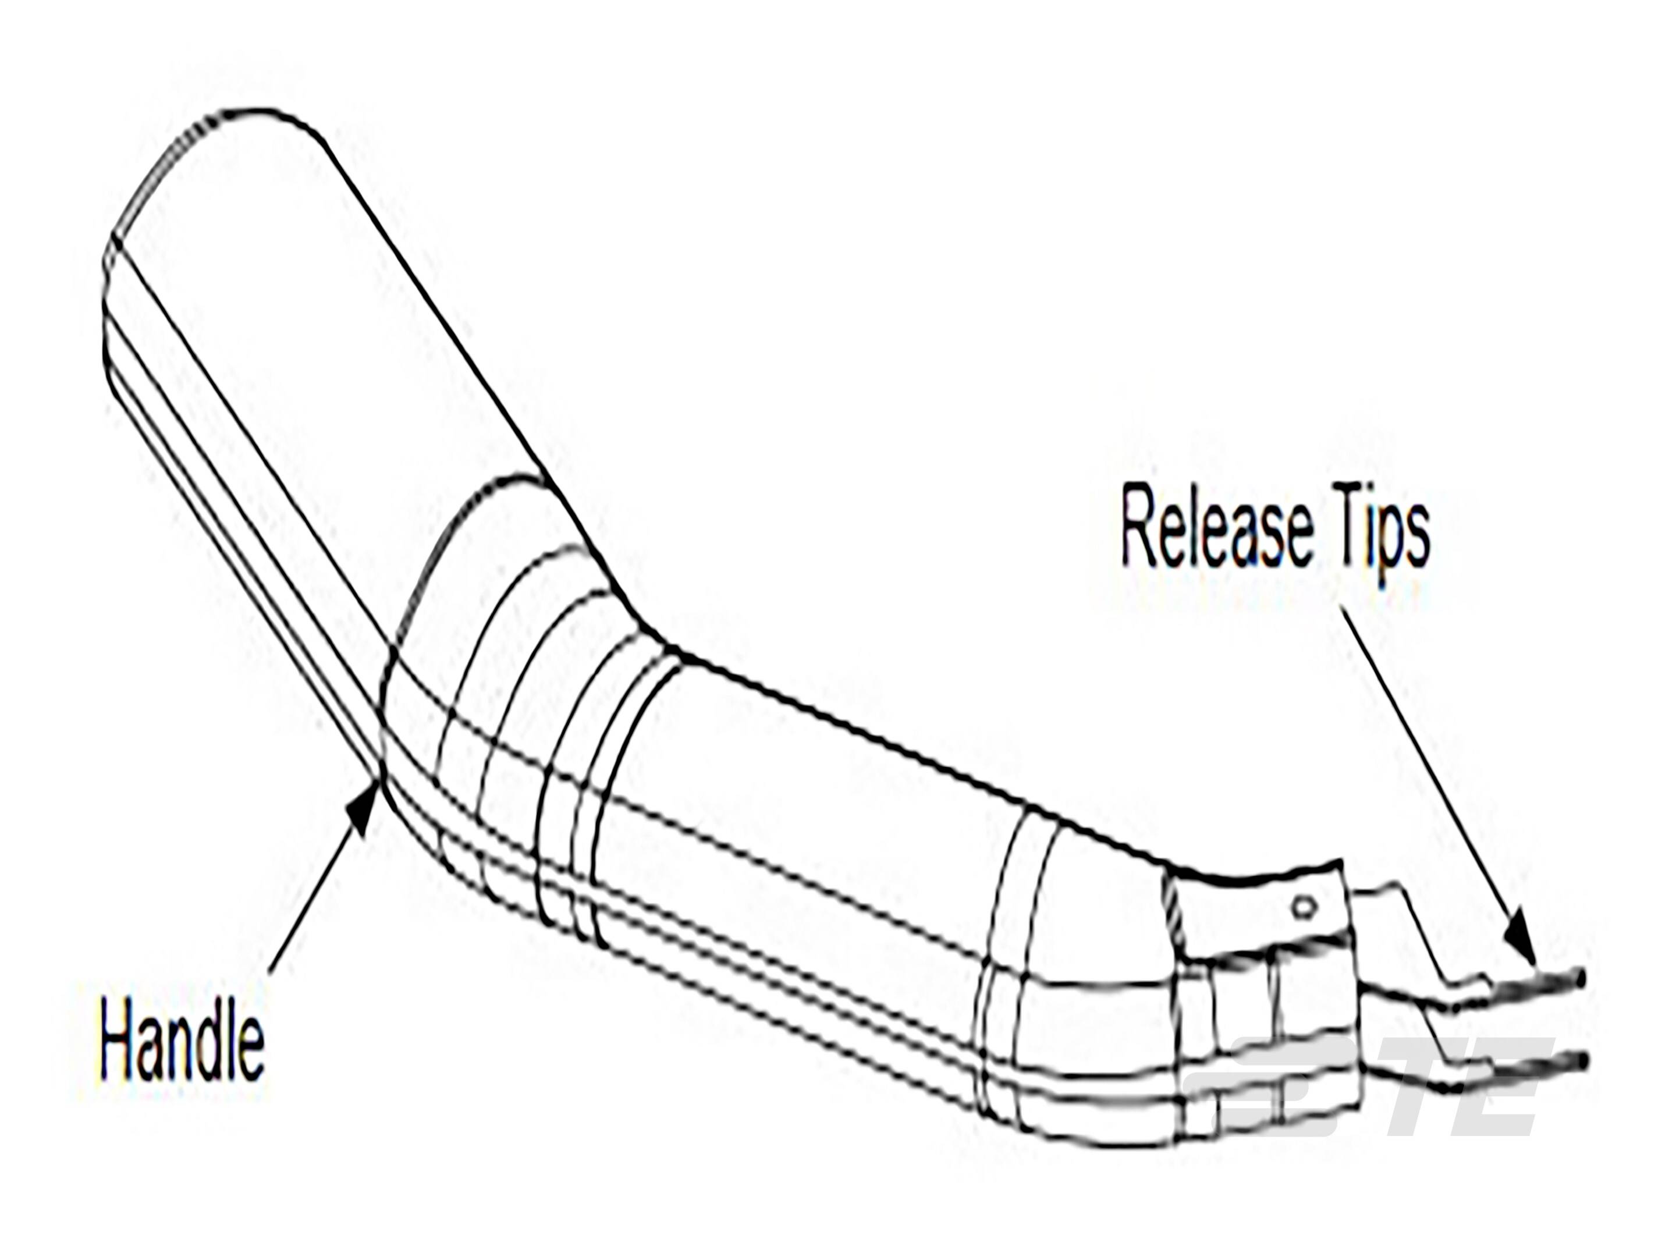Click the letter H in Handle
tap(120, 1044)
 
